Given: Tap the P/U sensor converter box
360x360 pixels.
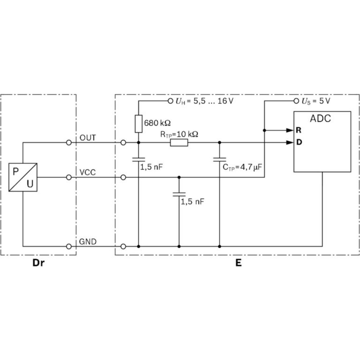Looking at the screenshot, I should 23,177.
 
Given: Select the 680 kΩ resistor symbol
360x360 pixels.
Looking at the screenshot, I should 139,123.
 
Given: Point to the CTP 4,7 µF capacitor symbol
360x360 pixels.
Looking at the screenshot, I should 219,158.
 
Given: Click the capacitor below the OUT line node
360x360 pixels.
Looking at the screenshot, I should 139,159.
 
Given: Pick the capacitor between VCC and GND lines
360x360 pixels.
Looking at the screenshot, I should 179,194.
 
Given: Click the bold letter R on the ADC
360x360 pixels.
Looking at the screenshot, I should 298,130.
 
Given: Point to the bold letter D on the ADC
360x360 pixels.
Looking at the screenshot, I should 298,142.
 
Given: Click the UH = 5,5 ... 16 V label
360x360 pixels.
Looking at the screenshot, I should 204,102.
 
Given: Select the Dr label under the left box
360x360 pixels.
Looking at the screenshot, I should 39,263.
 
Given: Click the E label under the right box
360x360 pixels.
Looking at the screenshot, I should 238,263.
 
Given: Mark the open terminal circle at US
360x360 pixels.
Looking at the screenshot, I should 296,101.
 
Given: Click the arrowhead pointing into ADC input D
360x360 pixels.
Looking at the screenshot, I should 289,143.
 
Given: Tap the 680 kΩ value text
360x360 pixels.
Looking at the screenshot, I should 157,123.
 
